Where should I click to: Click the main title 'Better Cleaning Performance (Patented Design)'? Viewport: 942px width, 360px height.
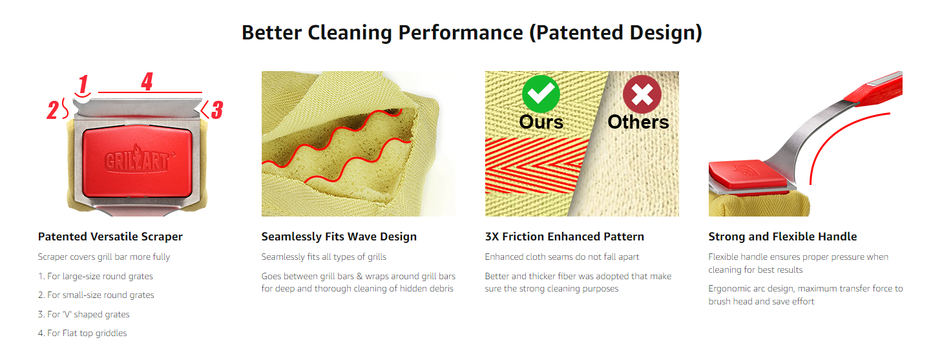(x=472, y=33)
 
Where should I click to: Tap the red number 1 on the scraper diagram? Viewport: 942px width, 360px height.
(x=83, y=85)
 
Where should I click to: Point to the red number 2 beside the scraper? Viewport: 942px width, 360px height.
(x=53, y=110)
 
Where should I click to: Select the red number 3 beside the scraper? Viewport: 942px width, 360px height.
(x=216, y=110)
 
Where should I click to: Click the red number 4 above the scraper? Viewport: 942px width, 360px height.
(x=147, y=82)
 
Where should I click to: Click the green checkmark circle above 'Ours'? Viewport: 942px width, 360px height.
(x=541, y=95)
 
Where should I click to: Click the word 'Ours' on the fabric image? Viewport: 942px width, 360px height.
(x=541, y=122)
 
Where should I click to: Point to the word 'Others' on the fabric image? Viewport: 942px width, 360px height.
(x=638, y=122)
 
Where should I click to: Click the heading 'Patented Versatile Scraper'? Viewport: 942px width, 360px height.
(x=110, y=237)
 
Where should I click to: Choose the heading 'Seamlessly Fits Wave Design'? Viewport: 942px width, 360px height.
(x=339, y=237)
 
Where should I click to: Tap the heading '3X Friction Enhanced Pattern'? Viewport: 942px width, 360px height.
(x=564, y=237)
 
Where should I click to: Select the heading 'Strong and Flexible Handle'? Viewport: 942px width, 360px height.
(x=782, y=237)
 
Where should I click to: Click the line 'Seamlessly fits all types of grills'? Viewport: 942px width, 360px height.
(x=324, y=257)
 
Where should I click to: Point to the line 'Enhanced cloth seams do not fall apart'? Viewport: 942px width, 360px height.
(x=562, y=257)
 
